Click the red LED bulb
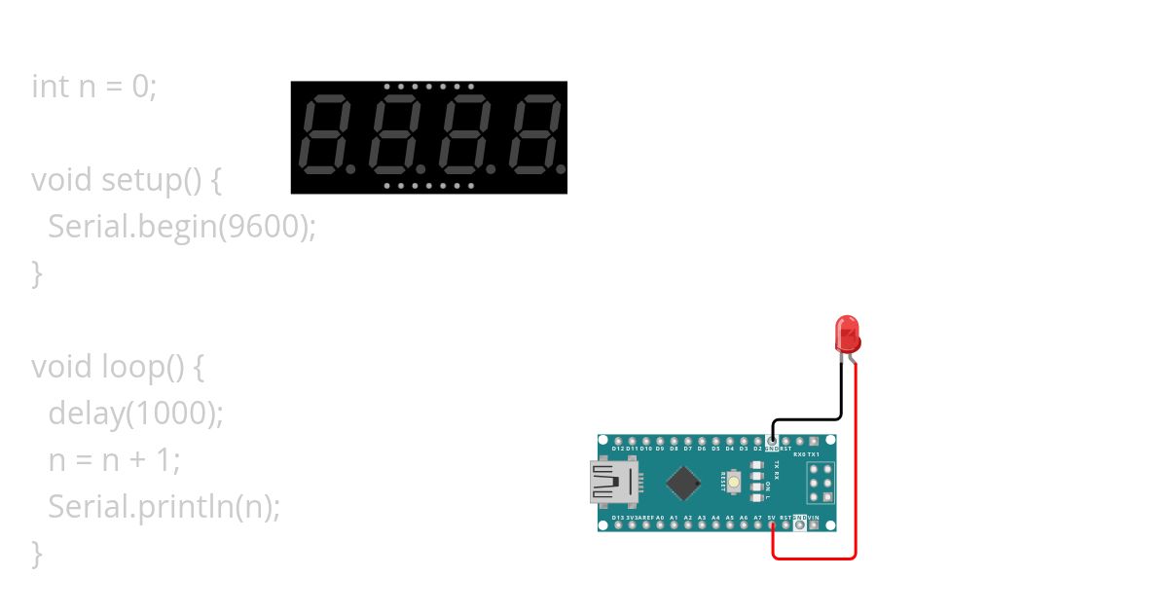click(x=847, y=333)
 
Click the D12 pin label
click(x=618, y=449)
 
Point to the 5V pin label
click(x=771, y=518)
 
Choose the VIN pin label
click(x=813, y=518)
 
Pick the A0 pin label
click(x=660, y=518)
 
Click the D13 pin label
click(x=618, y=518)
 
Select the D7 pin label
click(x=687, y=449)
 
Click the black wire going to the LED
click(x=841, y=394)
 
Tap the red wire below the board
click(x=814, y=559)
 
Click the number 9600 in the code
click(x=263, y=227)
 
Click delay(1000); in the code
click(x=136, y=414)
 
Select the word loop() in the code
click(x=141, y=367)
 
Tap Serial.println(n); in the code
click(x=164, y=507)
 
